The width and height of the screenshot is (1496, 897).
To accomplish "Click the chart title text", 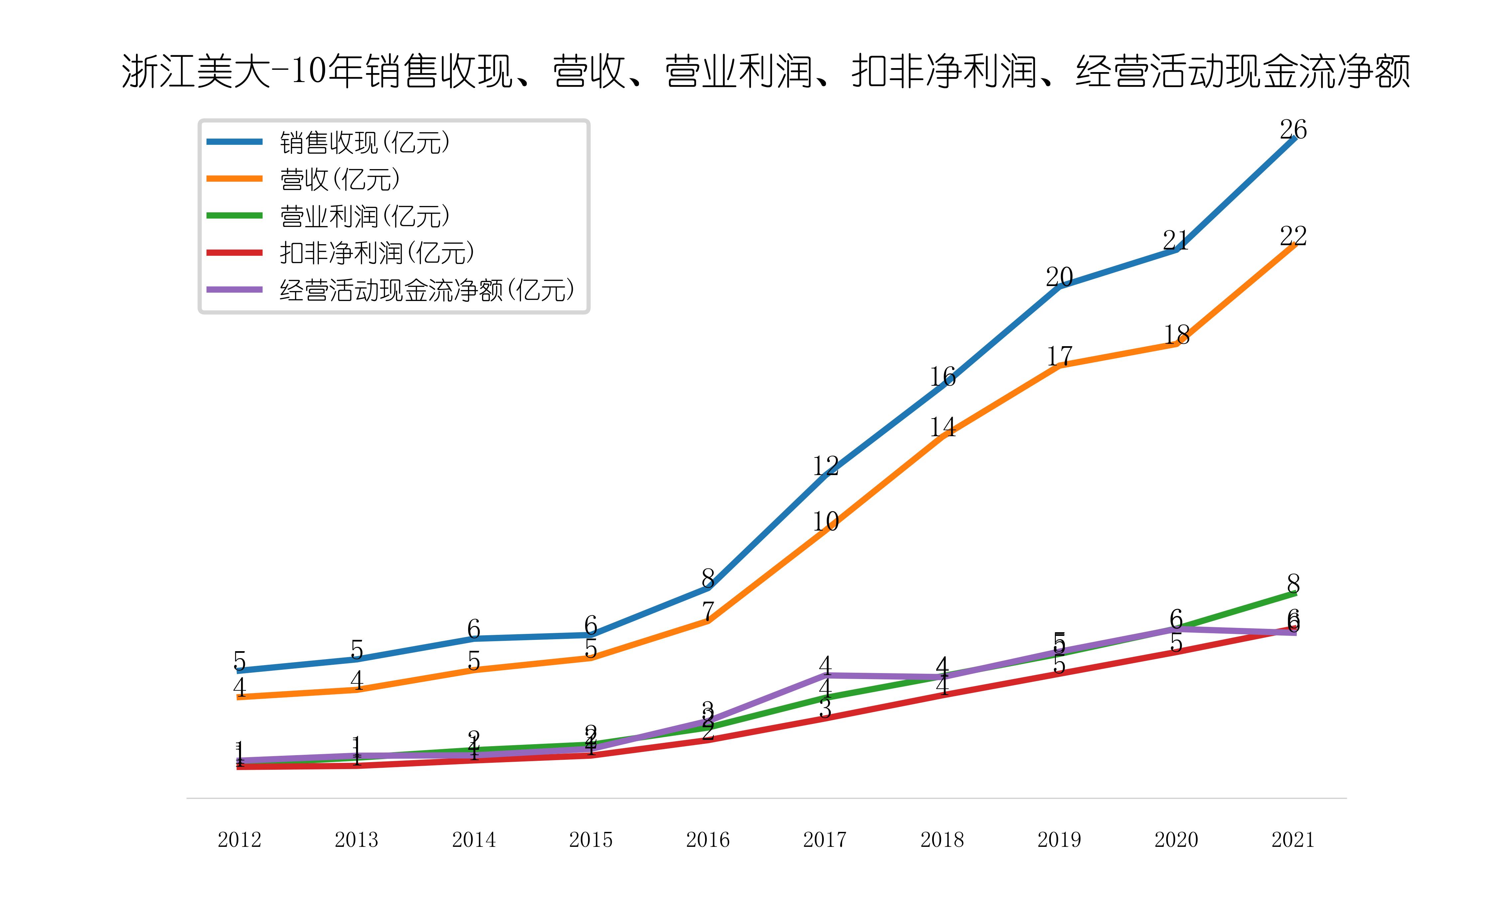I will [766, 71].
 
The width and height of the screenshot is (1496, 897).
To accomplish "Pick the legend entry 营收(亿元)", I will [340, 179].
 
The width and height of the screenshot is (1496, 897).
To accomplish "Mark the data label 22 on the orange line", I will [1293, 236].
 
